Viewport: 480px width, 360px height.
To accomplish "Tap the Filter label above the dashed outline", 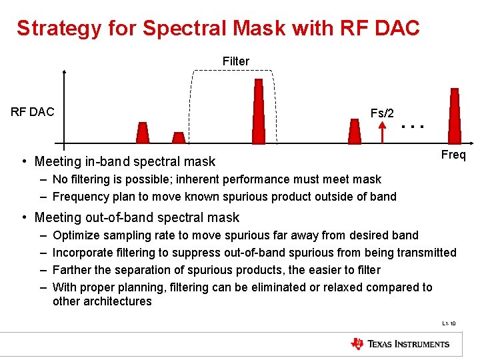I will (236, 61).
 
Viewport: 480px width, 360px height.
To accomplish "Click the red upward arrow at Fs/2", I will (383, 133).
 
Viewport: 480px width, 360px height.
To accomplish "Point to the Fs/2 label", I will (382, 113).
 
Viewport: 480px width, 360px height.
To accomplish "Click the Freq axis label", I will (453, 155).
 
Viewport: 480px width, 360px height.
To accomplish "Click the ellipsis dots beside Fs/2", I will (413, 125).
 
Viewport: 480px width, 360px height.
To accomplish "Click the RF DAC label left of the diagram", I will (33, 112).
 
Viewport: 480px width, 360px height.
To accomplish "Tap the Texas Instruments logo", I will (400, 344).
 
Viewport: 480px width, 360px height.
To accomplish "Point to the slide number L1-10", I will (449, 324).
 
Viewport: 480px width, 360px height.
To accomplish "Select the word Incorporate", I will (84, 253).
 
